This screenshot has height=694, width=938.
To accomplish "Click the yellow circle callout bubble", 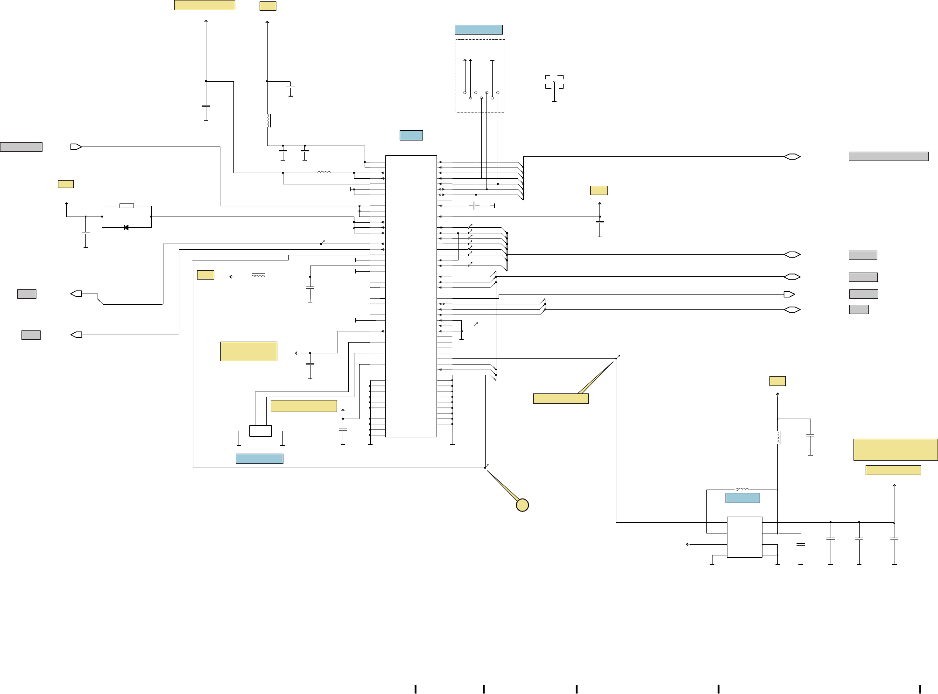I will (522, 505).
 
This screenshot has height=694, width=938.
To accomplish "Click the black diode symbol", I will (126, 228).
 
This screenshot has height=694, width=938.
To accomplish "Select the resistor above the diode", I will (127, 206).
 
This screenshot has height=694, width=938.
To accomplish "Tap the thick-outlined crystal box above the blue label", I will (261, 431).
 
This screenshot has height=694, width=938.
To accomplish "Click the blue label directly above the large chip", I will (411, 135).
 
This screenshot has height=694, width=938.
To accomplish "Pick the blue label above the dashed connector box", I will (479, 30).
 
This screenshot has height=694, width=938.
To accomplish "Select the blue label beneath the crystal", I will (259, 459).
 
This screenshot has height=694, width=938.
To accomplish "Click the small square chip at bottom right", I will (744, 537).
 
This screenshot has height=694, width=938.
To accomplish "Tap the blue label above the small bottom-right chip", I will (742, 498).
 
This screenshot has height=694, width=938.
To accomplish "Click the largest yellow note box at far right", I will (895, 449).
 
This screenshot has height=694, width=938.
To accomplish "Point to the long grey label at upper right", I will (888, 156).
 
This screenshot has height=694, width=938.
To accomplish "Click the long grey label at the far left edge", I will (21, 147).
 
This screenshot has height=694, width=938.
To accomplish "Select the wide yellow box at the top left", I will (205, 5).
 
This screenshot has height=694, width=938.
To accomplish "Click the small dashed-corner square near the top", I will (554, 82).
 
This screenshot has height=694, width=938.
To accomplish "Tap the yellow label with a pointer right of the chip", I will (560, 399).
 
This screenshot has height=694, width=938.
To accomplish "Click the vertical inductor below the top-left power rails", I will (268, 120).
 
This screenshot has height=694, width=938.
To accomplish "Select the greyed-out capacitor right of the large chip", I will (474, 206).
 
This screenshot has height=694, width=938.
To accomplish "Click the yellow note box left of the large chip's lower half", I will (248, 351).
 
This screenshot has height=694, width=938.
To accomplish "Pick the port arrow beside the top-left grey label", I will (76, 147).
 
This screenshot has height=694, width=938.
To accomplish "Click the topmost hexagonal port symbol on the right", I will (792, 157).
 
